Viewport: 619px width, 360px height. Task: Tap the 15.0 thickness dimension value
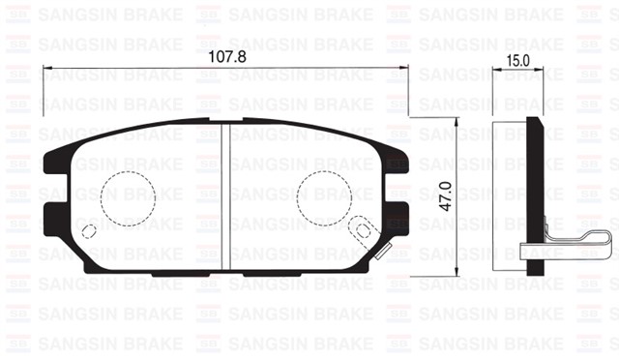(518, 60)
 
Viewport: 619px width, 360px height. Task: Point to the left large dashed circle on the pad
(129, 195)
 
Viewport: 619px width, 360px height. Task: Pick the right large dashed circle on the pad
(324, 195)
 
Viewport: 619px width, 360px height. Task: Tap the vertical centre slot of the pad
(225, 197)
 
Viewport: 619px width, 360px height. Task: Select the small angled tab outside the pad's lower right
(381, 254)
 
